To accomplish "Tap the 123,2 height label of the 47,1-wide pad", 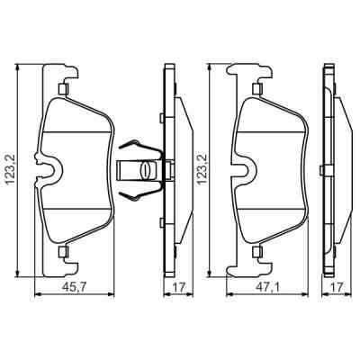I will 202,167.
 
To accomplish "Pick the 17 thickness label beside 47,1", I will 335,289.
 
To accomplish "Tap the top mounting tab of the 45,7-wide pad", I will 63,88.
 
